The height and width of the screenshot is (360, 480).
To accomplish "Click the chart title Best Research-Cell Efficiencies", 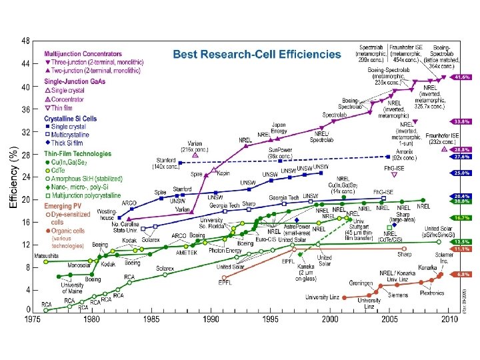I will click(x=257, y=54).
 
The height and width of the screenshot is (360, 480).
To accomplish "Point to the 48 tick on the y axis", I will click(x=25, y=41).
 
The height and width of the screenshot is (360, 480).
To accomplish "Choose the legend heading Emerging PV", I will click(x=63, y=207).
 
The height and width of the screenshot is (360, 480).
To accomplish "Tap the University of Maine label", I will click(x=71, y=287).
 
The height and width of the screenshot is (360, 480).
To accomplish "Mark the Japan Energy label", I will click(x=279, y=128).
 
